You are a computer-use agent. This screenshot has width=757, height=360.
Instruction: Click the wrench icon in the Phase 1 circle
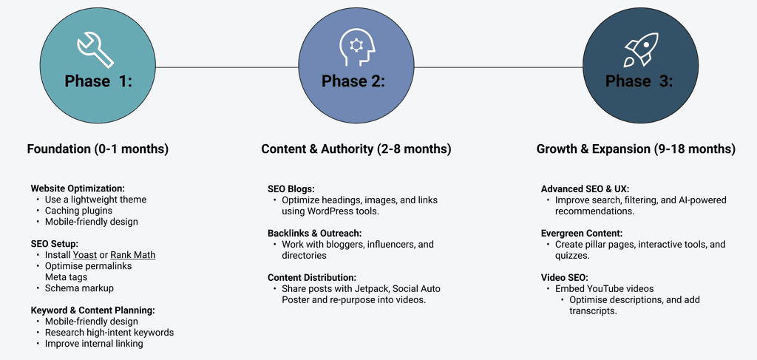(x=95, y=50)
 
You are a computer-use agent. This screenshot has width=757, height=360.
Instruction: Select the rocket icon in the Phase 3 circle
(x=641, y=50)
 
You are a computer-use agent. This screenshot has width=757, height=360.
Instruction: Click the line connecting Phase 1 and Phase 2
(x=227, y=67)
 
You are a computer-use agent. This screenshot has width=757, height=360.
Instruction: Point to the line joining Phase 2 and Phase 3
(x=498, y=67)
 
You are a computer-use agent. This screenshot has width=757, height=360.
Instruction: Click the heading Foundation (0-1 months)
(x=98, y=149)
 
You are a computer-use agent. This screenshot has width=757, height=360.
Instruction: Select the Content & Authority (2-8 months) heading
(x=356, y=149)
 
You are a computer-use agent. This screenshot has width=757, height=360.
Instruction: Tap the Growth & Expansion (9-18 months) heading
(x=636, y=149)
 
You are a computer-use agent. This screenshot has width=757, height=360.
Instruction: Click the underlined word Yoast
(x=85, y=254)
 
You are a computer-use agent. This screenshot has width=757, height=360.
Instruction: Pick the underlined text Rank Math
(x=133, y=254)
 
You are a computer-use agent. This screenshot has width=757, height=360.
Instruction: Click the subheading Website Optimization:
(x=77, y=188)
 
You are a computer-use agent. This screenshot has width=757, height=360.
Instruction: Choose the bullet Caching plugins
(x=78, y=211)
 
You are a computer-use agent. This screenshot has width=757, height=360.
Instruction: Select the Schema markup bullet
(x=79, y=288)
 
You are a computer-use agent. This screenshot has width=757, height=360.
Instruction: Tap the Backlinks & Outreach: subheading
(x=315, y=233)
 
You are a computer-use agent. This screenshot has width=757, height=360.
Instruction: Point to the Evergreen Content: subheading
(x=582, y=233)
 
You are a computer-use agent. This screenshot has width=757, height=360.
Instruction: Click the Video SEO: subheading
(x=564, y=277)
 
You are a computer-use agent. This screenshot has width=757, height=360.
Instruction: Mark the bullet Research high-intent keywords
(x=109, y=333)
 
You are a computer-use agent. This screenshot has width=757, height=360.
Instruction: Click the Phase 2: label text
(x=353, y=81)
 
